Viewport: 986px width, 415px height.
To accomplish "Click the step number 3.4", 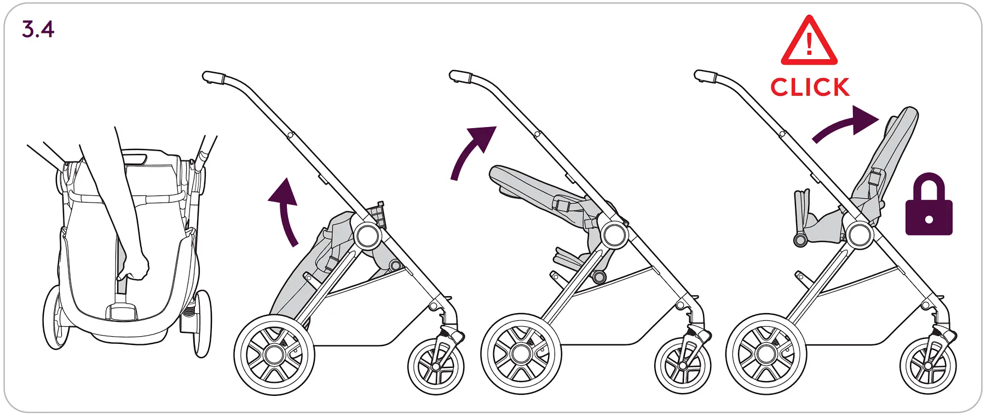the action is (x=38, y=29).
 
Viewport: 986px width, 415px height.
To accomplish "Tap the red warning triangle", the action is (x=809, y=42).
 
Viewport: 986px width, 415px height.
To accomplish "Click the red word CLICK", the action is (x=810, y=88).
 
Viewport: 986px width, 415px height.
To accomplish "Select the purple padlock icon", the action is (x=929, y=206).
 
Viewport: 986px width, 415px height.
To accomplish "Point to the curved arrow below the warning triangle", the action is (x=846, y=124).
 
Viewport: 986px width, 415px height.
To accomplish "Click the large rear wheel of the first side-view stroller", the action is (x=274, y=354).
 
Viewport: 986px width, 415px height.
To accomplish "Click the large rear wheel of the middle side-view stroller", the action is (x=521, y=354).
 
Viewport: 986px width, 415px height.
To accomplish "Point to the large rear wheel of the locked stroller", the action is (x=766, y=354).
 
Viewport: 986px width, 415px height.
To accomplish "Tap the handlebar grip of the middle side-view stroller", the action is (x=460, y=77).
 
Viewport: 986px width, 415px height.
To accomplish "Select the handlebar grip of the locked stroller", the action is (x=706, y=77).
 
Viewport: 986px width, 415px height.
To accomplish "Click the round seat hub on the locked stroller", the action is (x=860, y=235).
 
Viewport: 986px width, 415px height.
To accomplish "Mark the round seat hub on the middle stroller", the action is (x=614, y=235).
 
